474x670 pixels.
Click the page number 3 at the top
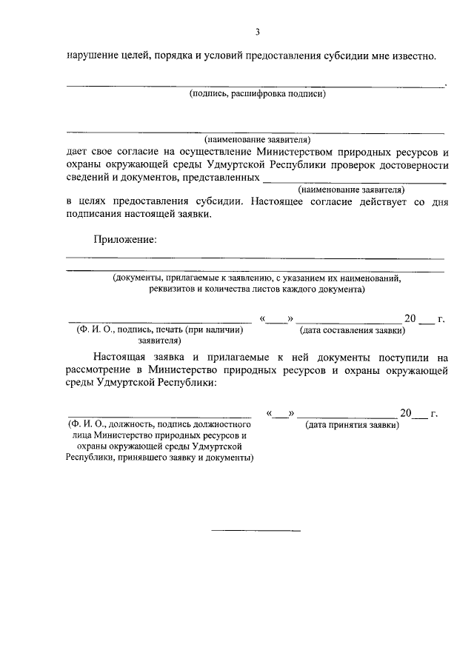point(258,32)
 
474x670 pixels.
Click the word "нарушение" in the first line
point(90,56)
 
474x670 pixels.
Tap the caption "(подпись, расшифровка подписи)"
point(257,94)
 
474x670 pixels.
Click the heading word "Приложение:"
point(125,239)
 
